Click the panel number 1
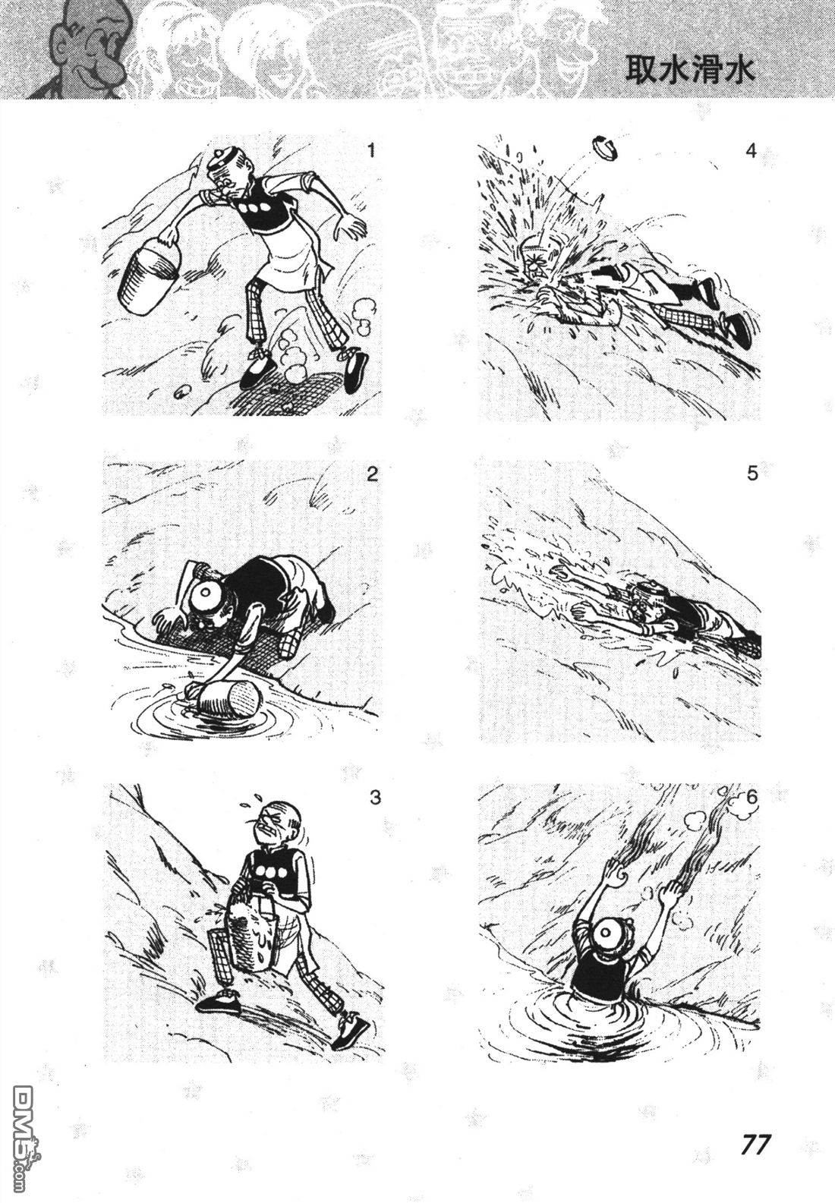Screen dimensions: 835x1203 (x=370, y=151)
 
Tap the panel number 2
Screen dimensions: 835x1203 (x=372, y=474)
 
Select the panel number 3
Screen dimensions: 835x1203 (x=375, y=797)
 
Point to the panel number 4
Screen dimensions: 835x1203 (x=751, y=151)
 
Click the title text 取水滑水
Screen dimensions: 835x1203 (x=691, y=70)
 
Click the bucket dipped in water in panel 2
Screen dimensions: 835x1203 (x=228, y=699)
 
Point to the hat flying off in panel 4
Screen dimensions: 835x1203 (x=606, y=148)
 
